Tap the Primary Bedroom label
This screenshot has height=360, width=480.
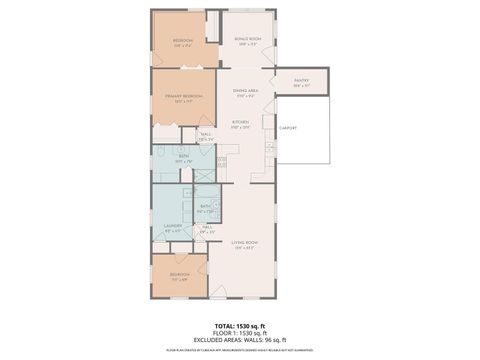tap(183, 98)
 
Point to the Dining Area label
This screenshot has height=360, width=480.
tap(246, 93)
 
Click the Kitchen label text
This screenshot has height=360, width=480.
tap(241, 125)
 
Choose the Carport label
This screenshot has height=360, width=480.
tap(289, 128)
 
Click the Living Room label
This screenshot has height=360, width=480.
tap(245, 246)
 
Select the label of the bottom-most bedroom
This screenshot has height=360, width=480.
tap(178, 275)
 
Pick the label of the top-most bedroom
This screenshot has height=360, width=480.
tap(182, 43)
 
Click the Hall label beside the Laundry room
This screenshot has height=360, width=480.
tap(207, 229)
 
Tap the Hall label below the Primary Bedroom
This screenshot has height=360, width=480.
tap(205, 137)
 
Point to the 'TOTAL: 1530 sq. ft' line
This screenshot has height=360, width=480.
tap(239, 326)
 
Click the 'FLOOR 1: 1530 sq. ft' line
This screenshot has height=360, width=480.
tap(239, 333)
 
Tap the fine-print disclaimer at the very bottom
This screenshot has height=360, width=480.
tap(239, 351)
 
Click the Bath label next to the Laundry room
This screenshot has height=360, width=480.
tap(205, 208)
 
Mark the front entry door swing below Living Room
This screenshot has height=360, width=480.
tap(218, 291)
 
